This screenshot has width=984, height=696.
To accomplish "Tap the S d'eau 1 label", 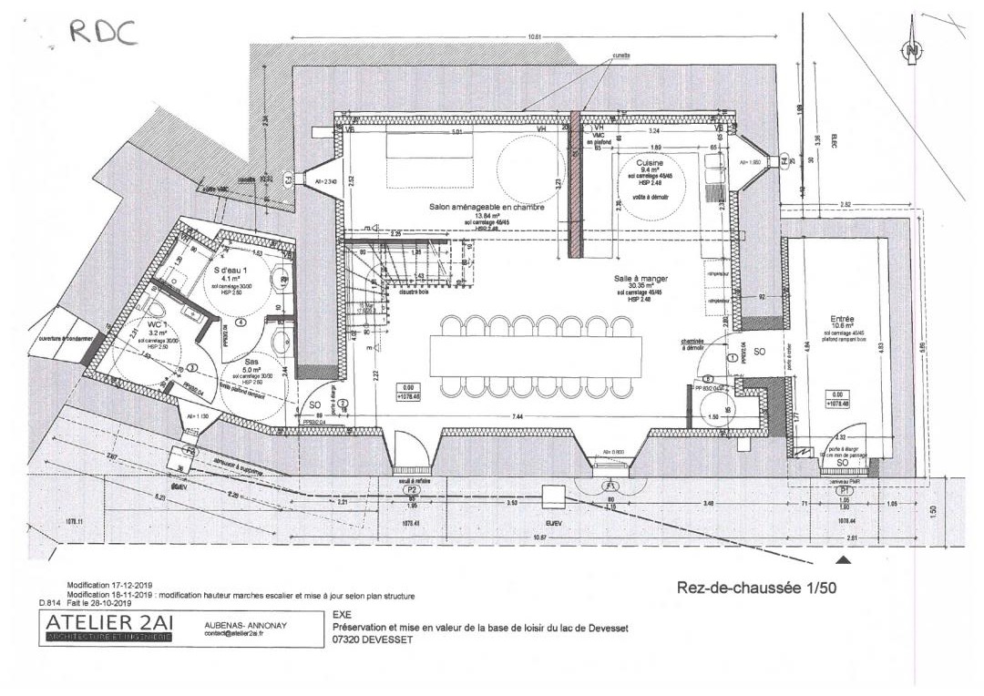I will pyautogui.click(x=231, y=271).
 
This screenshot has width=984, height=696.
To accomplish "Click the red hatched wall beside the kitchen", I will pyautogui.click(x=575, y=182).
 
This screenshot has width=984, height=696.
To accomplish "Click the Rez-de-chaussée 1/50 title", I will pyautogui.click(x=756, y=588).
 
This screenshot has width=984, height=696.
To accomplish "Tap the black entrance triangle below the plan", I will pyautogui.click(x=844, y=561).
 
